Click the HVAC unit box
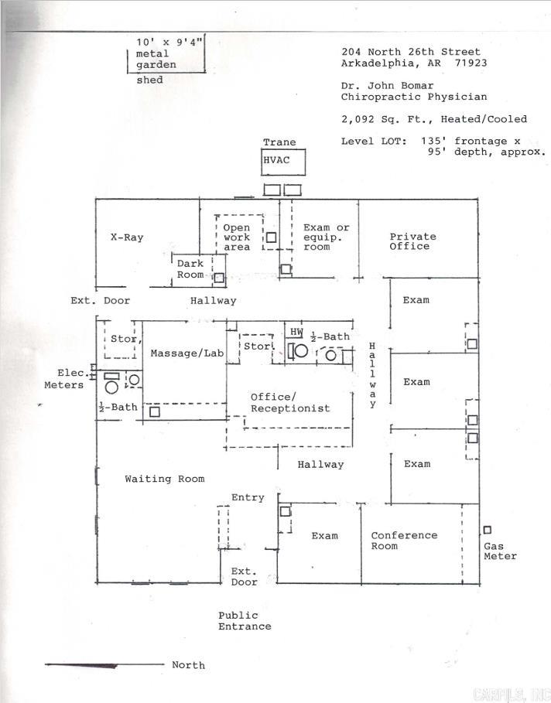coord(282,162)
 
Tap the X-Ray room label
coord(126,237)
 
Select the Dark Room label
coord(190,269)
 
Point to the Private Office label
coord(412,241)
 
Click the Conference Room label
coord(403,541)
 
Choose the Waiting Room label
coord(165,479)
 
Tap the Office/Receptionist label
coord(289,403)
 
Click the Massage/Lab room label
coord(187,353)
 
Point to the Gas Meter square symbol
coord(488,530)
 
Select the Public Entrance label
coord(244,621)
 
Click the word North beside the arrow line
coord(188,665)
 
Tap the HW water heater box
coord(296,332)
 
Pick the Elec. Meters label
coord(64,379)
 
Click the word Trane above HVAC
coord(279,142)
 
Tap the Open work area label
coord(237,237)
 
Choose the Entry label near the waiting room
coord(248,497)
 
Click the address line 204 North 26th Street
coord(410,52)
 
